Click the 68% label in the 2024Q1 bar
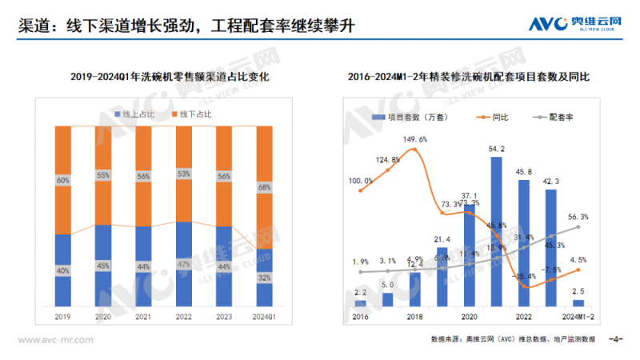point(263,188)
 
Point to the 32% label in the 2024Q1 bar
point(263,278)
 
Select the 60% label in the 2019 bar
point(62,181)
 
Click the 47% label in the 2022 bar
point(183,264)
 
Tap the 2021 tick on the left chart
point(142,316)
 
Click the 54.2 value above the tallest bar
point(496,149)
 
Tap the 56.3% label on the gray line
point(578,216)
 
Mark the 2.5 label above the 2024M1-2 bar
point(578,292)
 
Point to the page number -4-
point(615,339)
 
